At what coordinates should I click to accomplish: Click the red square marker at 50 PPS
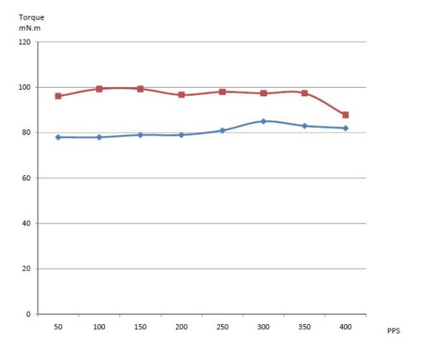[x=58, y=96]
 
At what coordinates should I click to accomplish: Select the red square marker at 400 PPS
[x=346, y=115]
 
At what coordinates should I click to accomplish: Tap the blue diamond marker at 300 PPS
[x=264, y=121]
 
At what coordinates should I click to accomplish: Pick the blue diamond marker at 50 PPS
[x=58, y=137]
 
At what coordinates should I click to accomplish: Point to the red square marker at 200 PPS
[x=182, y=95]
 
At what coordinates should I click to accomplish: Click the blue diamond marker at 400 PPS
[x=346, y=128]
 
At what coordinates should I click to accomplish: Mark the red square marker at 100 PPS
[x=99, y=89]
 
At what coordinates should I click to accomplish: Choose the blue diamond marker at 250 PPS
[x=223, y=130]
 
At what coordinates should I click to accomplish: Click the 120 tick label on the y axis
[x=24, y=42]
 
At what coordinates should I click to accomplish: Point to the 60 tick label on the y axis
[x=27, y=178]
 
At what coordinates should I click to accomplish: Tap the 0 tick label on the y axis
[x=29, y=314]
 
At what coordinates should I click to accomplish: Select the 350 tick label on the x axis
[x=305, y=327]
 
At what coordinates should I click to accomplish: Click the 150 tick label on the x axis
[x=140, y=327]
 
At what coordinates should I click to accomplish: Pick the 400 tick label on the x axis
[x=346, y=327]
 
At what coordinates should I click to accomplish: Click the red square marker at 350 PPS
[x=305, y=93]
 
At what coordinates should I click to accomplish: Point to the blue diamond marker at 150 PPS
[x=140, y=135]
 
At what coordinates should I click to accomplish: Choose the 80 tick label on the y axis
[x=27, y=133]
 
